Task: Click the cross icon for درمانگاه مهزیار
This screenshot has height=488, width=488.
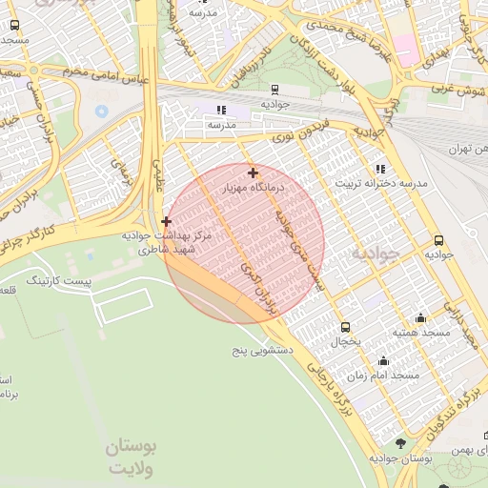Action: (x=253, y=173)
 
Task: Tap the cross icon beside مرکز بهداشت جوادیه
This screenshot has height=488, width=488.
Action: (x=166, y=221)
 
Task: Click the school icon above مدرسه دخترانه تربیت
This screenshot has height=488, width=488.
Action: (x=381, y=168)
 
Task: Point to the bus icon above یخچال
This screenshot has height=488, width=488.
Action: (x=345, y=326)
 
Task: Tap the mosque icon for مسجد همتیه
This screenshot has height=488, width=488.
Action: (x=420, y=318)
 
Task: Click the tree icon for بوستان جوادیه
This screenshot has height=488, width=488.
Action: (x=399, y=444)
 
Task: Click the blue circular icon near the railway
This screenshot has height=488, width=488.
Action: (x=102, y=112)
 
